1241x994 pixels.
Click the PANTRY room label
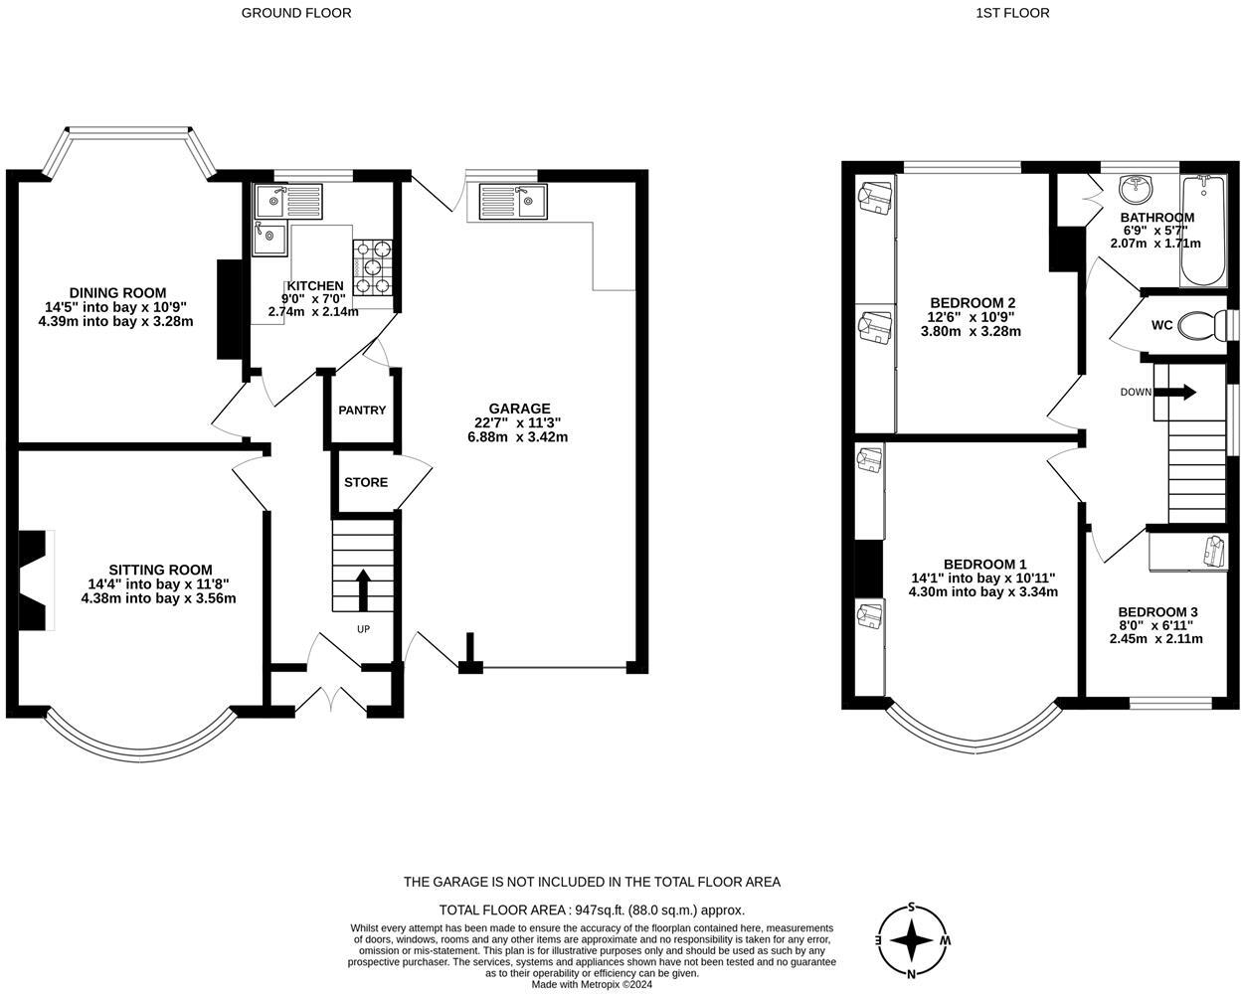(362, 411)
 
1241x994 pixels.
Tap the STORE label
(366, 482)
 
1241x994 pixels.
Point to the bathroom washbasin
(1136, 187)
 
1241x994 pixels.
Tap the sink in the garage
(511, 201)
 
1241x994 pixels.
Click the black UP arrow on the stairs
(362, 588)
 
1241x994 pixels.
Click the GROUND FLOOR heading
(296, 13)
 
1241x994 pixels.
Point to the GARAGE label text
(519, 409)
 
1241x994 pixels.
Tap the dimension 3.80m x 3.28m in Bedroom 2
(971, 331)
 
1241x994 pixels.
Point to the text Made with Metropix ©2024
(592, 985)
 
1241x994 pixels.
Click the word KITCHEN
(315, 285)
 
